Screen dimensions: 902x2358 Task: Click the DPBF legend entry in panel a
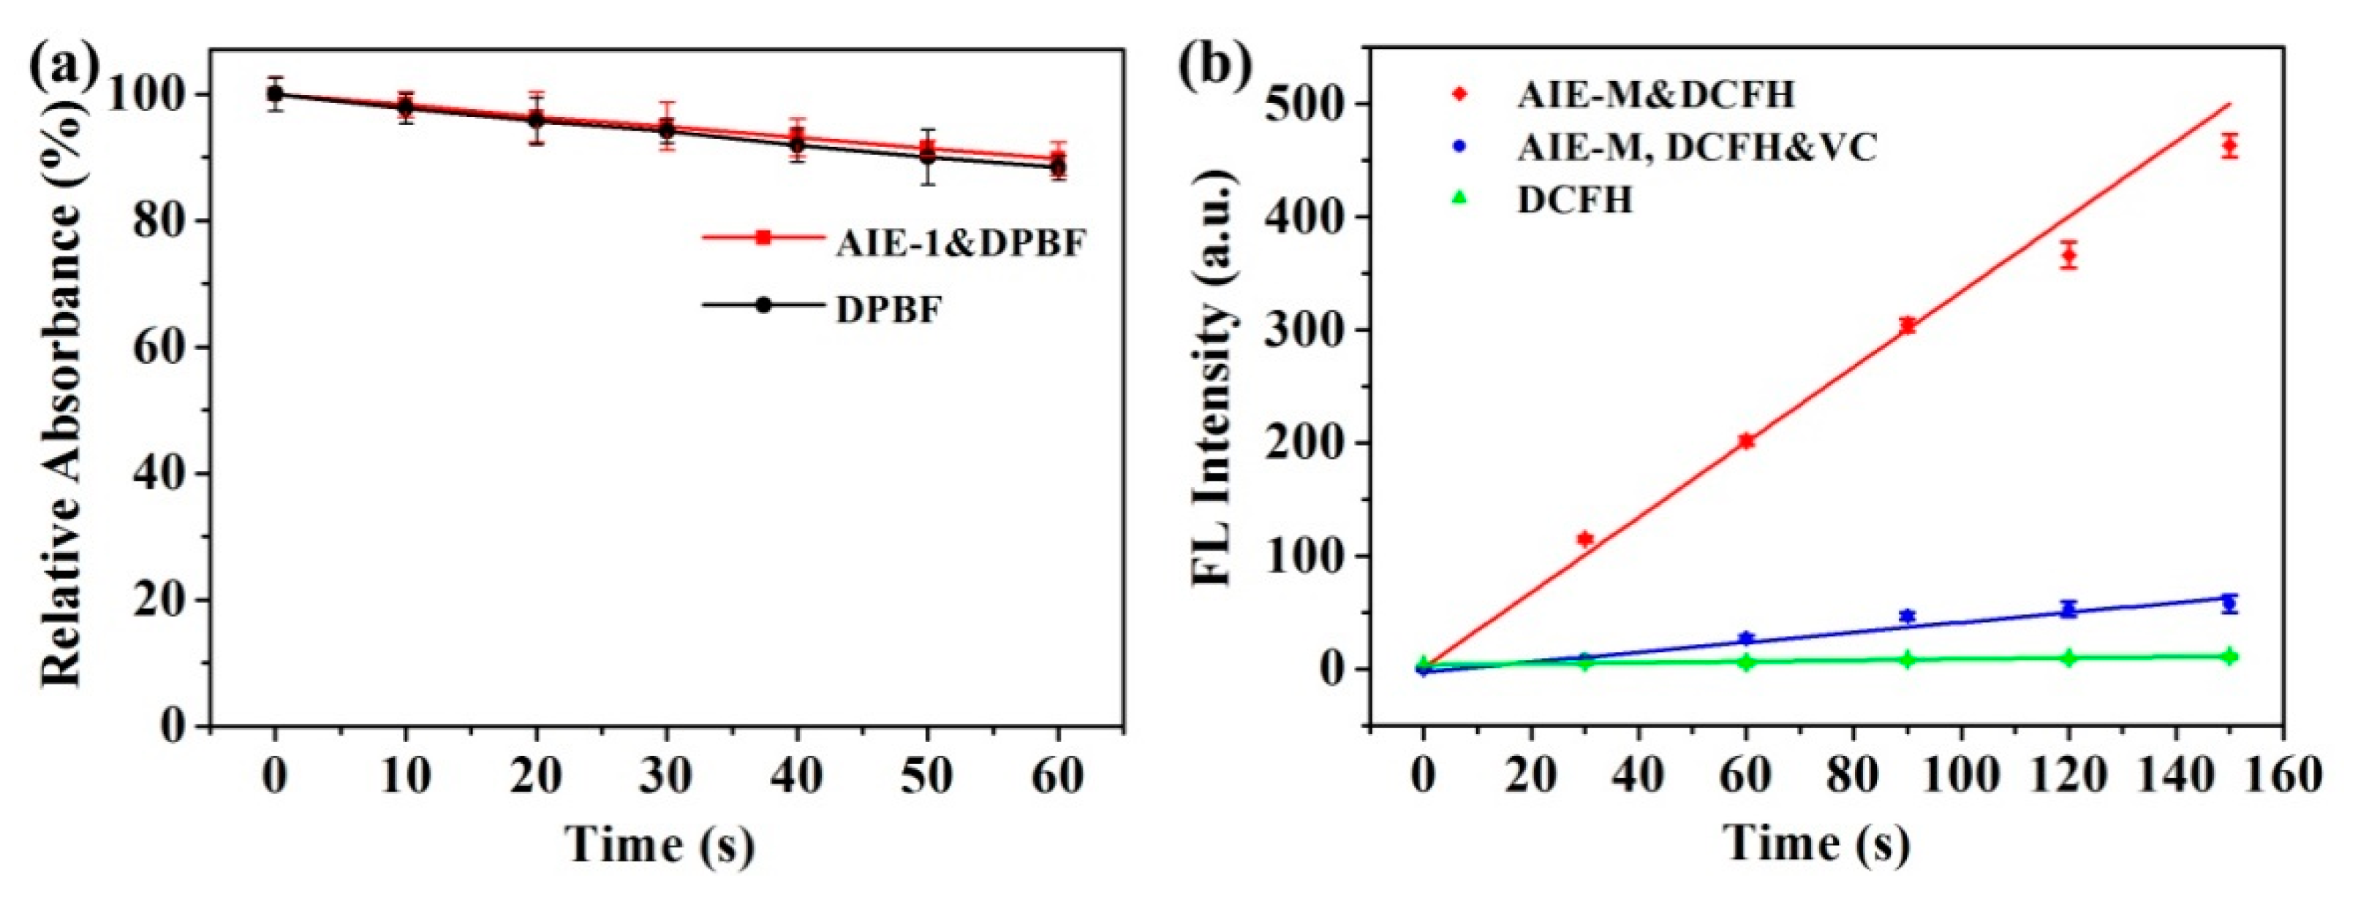point(888,310)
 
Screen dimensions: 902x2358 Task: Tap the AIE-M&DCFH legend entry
point(1655,95)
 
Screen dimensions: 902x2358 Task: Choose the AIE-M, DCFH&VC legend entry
point(1696,148)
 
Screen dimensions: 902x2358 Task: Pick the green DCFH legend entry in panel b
point(1574,199)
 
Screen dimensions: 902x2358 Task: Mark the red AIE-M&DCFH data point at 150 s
point(2230,146)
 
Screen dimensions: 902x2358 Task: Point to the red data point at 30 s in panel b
point(1585,539)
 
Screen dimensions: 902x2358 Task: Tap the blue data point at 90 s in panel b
point(1908,616)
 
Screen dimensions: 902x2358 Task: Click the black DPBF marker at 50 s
point(928,156)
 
